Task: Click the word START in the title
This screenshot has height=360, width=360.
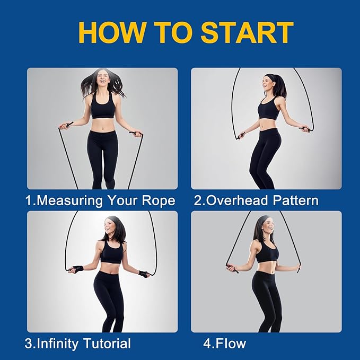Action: click(247, 32)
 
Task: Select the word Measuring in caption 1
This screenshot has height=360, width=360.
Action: click(70, 201)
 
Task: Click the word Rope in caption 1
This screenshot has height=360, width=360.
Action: click(159, 201)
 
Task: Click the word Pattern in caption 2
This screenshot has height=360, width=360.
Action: click(296, 200)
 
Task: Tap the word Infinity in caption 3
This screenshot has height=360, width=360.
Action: click(57, 344)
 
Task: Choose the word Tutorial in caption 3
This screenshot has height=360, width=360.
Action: click(107, 344)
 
